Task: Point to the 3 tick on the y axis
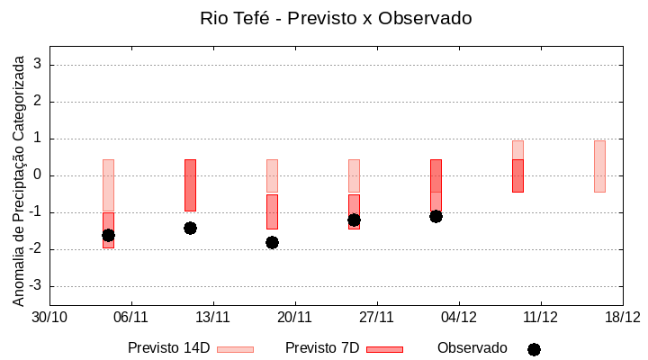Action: (x=38, y=65)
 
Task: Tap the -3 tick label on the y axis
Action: (x=35, y=286)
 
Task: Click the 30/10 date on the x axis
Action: (x=49, y=317)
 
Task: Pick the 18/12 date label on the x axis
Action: (x=622, y=317)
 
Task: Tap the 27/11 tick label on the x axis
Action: (x=376, y=317)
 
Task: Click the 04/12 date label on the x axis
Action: (x=458, y=317)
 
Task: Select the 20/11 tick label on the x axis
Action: (x=294, y=317)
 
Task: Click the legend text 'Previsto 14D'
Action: (x=168, y=348)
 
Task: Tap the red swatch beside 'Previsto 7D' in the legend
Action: (x=384, y=349)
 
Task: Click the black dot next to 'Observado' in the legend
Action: (x=534, y=349)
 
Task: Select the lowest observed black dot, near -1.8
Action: (x=272, y=242)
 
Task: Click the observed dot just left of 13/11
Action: (x=190, y=228)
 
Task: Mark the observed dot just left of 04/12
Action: (x=436, y=216)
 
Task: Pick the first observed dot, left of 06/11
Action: (x=108, y=235)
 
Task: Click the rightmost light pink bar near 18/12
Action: (x=599, y=166)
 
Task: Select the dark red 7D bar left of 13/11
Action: (x=190, y=184)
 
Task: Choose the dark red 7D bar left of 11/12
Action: (x=517, y=175)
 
